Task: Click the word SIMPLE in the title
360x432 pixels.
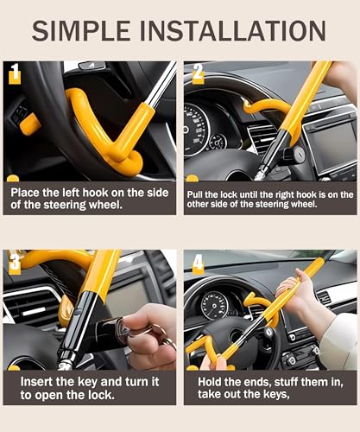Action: (81, 30)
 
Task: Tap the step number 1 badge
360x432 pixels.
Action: (15, 73)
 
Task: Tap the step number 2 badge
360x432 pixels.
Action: (198, 73)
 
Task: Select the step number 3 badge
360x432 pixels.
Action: (15, 263)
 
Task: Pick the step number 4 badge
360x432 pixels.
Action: (198, 263)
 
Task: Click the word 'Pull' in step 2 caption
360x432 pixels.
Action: (194, 194)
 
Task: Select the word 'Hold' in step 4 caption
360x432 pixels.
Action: (209, 382)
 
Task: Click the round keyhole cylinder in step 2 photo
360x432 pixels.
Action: (299, 151)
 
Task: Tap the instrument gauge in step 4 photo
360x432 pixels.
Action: (214, 305)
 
